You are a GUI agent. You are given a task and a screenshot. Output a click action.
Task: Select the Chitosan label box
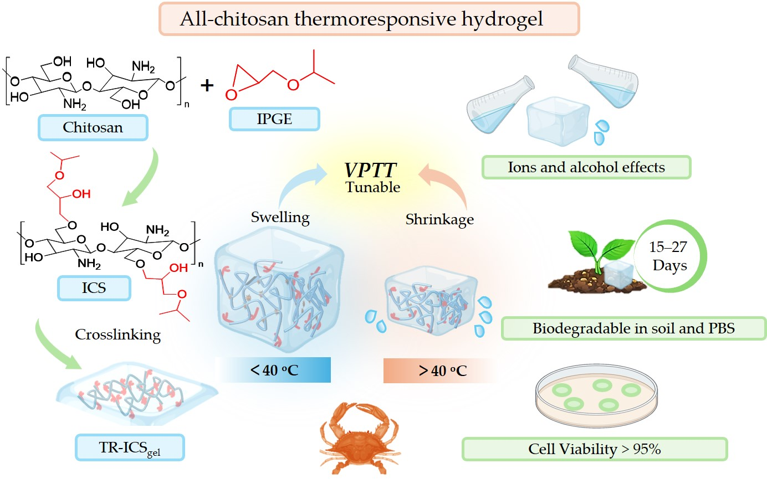(93, 127)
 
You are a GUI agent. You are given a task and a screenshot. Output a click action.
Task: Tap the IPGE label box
(274, 119)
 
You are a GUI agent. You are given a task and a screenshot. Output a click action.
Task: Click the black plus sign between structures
(207, 85)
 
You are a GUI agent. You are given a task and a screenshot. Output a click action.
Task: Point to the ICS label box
(94, 288)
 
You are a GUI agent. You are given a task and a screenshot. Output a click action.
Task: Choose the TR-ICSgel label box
(130, 447)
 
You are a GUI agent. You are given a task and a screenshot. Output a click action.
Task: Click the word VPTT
(370, 170)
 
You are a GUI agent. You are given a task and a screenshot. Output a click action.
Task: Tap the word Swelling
(280, 217)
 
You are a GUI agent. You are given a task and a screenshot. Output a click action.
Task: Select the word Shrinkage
(439, 219)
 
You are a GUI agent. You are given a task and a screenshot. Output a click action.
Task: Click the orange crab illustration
(359, 437)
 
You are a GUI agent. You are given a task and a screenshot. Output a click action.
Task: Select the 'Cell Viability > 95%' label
(594, 449)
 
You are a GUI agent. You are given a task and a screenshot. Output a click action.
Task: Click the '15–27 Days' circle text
(668, 256)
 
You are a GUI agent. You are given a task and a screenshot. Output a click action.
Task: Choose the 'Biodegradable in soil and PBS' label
(633, 328)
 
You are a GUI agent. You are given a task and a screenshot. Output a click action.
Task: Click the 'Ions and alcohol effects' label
(586, 167)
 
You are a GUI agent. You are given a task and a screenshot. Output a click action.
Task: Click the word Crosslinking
(117, 334)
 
